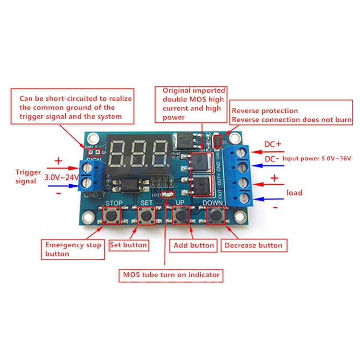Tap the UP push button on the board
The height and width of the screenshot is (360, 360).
click(x=181, y=216)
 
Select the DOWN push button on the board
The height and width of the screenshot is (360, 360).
click(x=216, y=216)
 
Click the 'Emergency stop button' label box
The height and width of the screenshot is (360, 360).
click(x=73, y=249)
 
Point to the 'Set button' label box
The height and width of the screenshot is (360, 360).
click(x=129, y=245)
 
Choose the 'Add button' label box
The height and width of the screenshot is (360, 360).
click(x=193, y=245)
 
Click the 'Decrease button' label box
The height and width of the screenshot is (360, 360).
click(x=254, y=245)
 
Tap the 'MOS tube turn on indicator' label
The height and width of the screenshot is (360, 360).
click(x=171, y=275)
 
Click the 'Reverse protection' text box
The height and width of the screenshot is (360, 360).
click(x=291, y=115)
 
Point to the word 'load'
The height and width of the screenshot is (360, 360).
click(x=294, y=192)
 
